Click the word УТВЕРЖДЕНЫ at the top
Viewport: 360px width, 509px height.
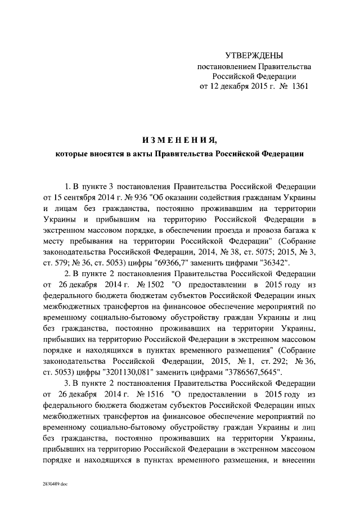(x=254, y=55)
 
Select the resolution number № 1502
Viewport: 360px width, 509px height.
(x=148, y=283)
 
